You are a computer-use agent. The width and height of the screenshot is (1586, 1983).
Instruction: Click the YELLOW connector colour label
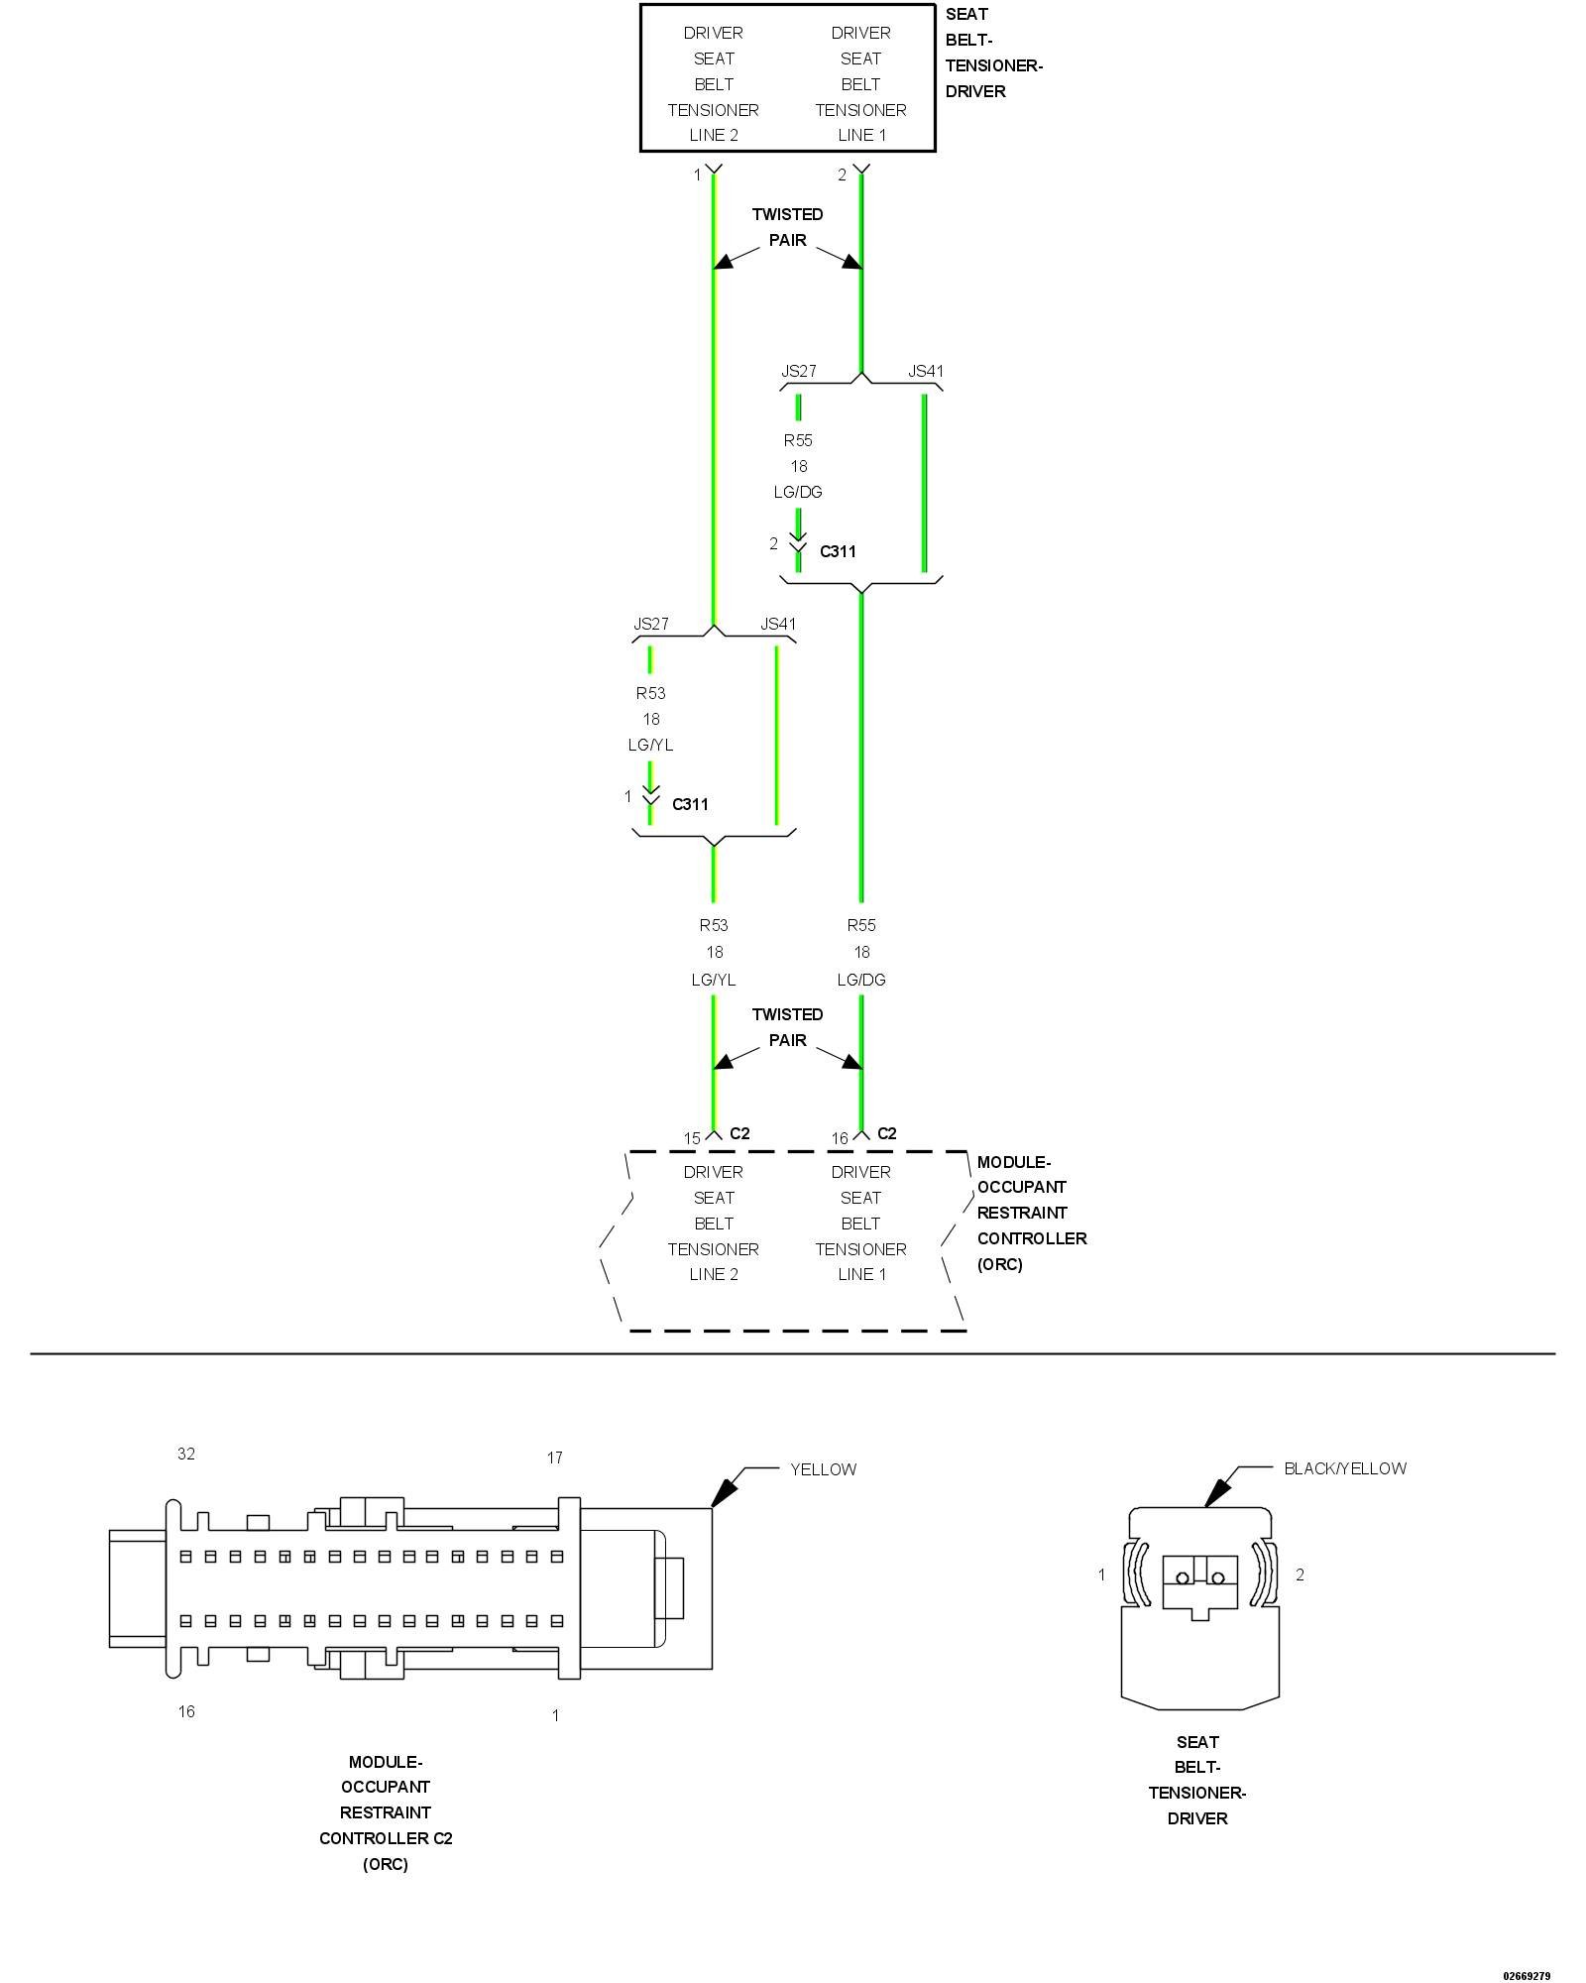[823, 1469]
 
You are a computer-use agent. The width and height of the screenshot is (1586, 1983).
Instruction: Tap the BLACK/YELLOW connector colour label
[1344, 1468]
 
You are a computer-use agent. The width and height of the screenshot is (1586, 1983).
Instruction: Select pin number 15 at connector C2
[692, 1138]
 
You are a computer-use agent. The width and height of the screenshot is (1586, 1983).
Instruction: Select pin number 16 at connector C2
[840, 1138]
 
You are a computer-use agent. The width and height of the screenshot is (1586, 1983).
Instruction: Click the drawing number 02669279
[1527, 1976]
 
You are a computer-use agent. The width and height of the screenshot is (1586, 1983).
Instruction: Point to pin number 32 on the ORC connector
[186, 1454]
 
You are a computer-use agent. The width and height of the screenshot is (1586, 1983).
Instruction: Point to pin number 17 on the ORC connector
[555, 1458]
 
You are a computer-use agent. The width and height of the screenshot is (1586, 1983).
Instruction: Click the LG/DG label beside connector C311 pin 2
[798, 492]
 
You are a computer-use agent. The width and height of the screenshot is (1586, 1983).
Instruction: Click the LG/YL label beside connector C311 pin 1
[650, 745]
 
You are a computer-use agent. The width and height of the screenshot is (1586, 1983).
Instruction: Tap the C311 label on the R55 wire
[838, 551]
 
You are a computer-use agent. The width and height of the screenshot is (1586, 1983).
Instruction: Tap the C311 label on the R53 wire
[690, 804]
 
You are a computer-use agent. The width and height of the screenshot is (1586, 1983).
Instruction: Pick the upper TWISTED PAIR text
[787, 227]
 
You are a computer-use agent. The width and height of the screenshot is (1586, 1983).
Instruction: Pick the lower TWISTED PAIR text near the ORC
[787, 1027]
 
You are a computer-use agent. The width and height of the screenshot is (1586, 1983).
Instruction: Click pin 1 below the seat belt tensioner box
[697, 175]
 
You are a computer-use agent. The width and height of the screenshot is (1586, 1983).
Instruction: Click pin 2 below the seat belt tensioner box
[843, 175]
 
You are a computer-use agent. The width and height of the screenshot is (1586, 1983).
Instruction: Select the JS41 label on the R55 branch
[926, 371]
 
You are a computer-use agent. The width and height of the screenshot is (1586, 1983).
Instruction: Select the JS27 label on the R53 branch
[651, 624]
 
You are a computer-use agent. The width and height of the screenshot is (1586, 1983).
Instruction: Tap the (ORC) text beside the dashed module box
[999, 1264]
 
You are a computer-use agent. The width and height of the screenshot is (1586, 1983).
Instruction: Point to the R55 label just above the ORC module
[861, 925]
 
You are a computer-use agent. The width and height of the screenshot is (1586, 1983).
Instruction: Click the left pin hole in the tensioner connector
[1182, 1577]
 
